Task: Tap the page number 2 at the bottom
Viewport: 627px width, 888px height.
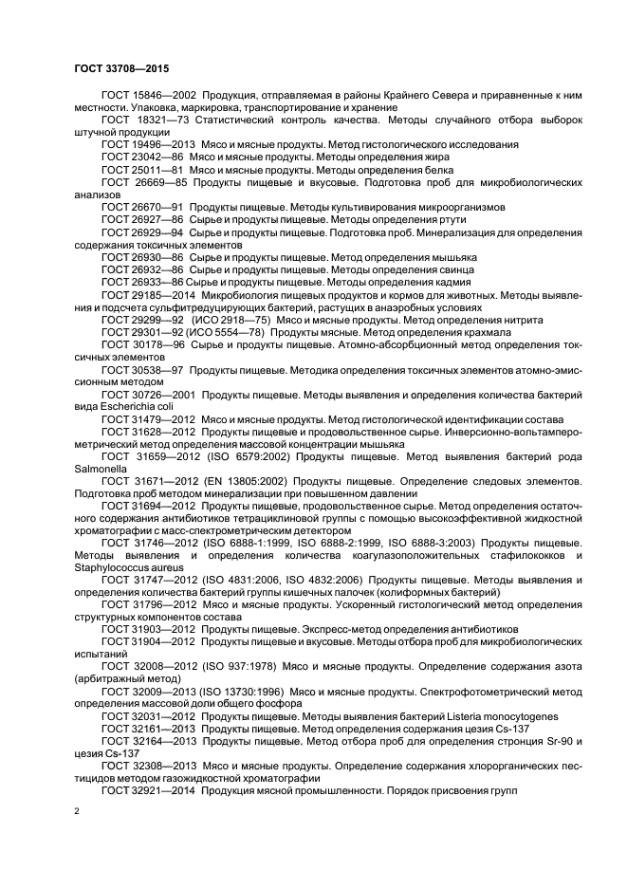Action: pyautogui.click(x=76, y=812)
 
